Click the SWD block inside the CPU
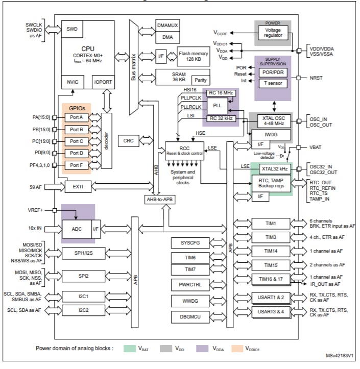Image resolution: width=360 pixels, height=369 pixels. (71, 30)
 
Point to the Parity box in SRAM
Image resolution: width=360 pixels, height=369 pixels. (201, 80)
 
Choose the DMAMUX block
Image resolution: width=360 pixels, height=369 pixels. (167, 26)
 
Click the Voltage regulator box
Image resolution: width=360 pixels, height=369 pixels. (273, 33)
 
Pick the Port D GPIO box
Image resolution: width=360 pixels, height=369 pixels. (77, 153)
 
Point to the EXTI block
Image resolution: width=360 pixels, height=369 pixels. (78, 187)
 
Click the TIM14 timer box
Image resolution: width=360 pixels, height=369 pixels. (271, 251)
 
